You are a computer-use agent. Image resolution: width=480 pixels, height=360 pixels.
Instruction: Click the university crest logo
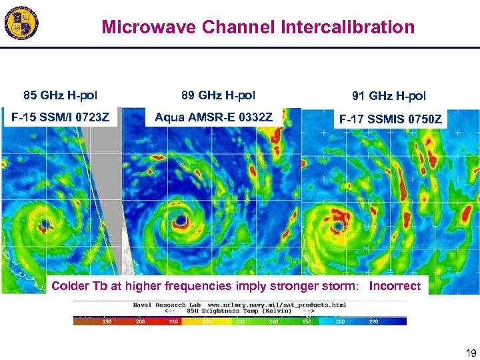[22, 25]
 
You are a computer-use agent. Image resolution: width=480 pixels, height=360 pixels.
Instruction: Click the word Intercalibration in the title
[348, 27]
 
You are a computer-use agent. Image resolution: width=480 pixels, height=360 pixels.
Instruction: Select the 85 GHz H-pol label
[61, 95]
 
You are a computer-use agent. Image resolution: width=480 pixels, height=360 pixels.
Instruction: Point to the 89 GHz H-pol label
[218, 95]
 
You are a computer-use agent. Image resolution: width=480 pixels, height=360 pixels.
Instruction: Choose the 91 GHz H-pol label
[389, 97]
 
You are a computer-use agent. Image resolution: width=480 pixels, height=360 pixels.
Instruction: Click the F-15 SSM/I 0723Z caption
[61, 118]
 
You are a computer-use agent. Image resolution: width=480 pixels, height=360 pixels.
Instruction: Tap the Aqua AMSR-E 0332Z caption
[213, 118]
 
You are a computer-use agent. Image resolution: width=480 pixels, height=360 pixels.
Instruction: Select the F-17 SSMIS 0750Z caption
[390, 120]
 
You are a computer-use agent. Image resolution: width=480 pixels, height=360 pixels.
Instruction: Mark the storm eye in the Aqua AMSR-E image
[180, 220]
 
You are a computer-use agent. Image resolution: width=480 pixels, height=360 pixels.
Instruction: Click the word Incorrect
[395, 286]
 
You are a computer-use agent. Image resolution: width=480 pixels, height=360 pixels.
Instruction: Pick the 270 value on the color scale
[373, 321]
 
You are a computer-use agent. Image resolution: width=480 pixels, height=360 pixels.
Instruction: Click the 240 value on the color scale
[274, 321]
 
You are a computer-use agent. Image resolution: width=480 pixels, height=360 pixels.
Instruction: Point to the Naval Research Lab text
[159, 305]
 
